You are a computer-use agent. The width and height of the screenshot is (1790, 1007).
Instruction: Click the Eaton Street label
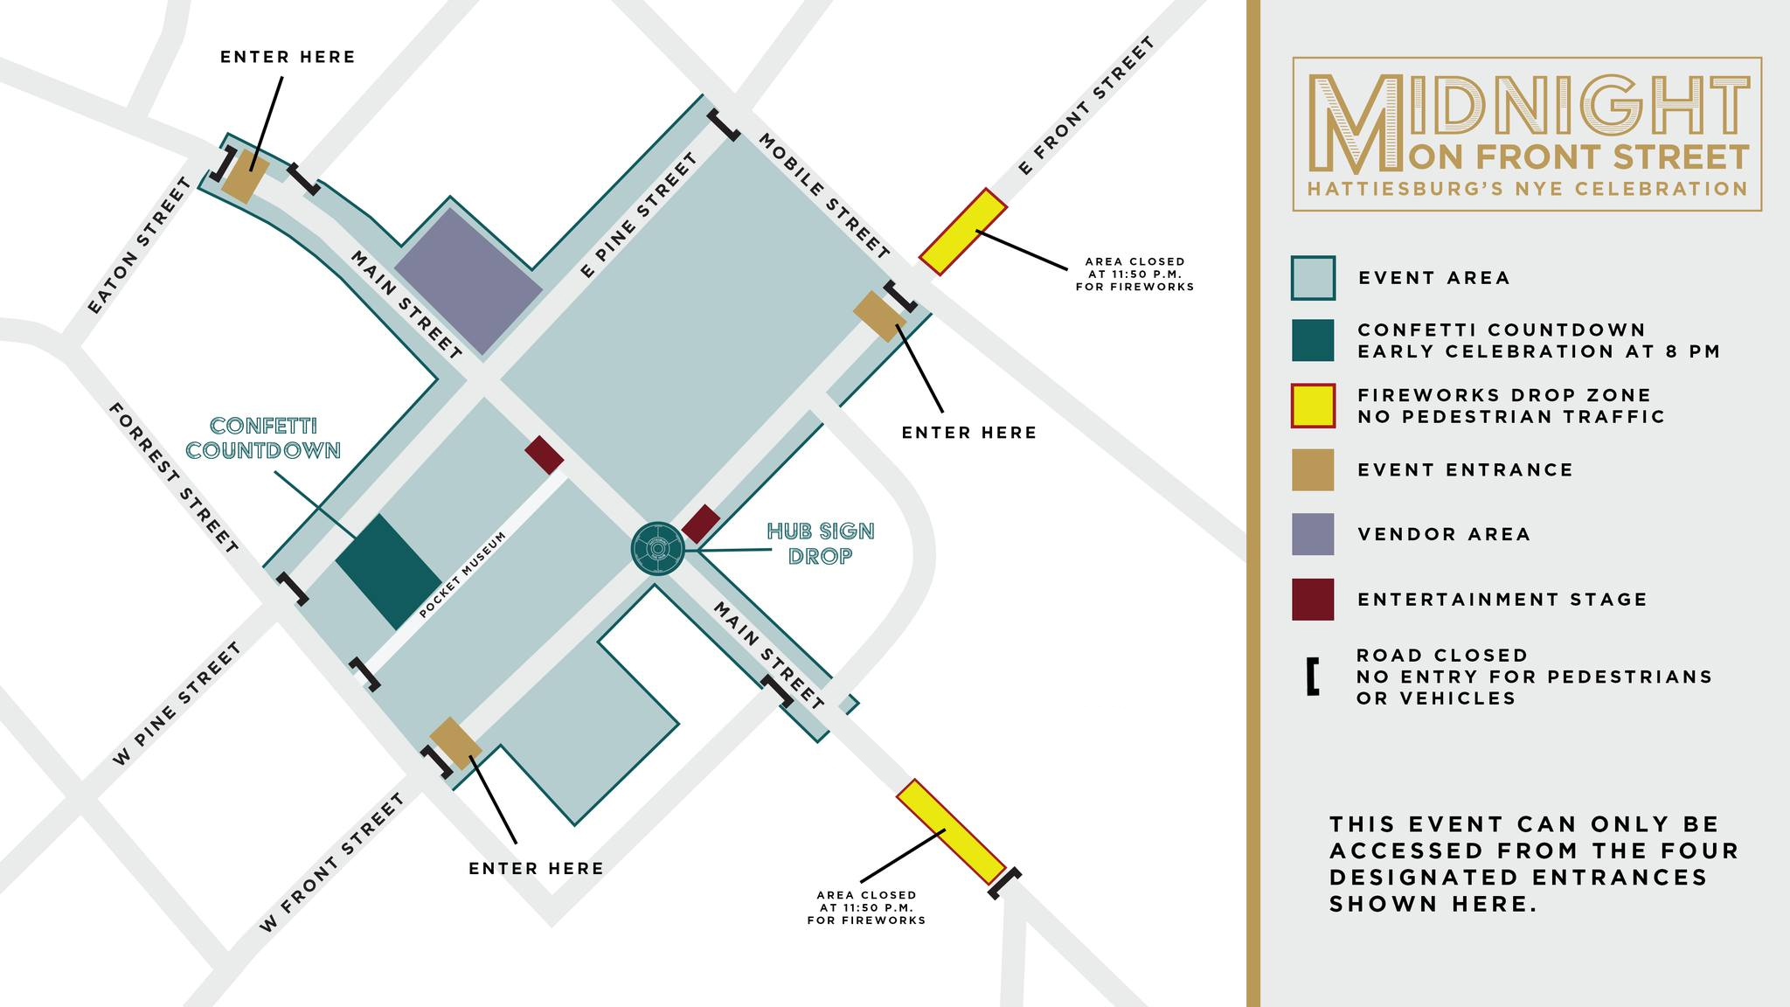point(140,246)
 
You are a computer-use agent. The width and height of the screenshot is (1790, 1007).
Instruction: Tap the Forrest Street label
point(173,478)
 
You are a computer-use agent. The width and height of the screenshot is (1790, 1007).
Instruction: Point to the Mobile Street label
point(823,196)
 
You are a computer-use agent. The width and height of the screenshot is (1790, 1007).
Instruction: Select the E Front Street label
point(1086,106)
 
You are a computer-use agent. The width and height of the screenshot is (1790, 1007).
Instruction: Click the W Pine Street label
point(177,705)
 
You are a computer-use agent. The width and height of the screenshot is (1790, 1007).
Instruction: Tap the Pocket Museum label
point(462,575)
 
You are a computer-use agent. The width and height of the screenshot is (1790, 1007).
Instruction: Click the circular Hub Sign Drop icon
point(657,548)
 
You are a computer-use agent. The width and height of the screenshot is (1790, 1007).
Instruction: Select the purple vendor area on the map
point(468,281)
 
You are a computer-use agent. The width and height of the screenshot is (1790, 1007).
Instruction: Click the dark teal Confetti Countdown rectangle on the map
point(389,572)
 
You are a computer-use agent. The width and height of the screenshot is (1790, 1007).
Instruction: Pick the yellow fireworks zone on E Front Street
point(963,232)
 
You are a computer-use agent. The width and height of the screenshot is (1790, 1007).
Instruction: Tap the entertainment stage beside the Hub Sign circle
point(701,524)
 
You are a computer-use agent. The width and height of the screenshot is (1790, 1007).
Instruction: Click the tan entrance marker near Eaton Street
point(245,176)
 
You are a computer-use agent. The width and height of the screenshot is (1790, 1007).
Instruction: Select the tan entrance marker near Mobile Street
point(878,316)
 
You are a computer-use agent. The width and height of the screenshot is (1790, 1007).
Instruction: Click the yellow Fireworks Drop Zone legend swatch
point(1313,406)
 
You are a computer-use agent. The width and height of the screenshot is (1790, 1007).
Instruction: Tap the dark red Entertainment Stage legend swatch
point(1313,600)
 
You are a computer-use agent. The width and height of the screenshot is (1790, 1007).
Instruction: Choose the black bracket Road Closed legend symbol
point(1312,677)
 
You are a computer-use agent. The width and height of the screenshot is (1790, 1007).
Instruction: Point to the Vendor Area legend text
point(1444,535)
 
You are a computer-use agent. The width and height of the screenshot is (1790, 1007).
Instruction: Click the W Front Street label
point(332,863)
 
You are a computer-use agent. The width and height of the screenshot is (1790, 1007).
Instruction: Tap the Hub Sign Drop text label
point(820,544)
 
